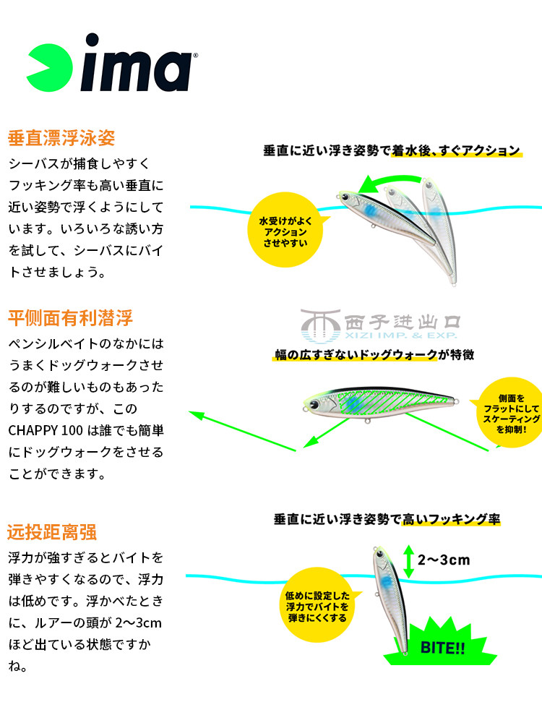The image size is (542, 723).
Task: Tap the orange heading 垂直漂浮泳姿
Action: pyautogui.click(x=61, y=137)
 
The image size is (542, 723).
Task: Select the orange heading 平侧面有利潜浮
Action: pyautogui.click(x=70, y=317)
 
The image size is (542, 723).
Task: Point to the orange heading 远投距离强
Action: pyautogui.click(x=52, y=533)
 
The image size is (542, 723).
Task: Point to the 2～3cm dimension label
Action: pyautogui.click(x=444, y=559)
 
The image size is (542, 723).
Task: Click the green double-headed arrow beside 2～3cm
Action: pyautogui.click(x=408, y=560)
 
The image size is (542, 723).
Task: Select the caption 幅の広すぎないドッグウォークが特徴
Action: pyautogui.click(x=374, y=355)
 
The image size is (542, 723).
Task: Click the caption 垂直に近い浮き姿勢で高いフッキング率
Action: pyautogui.click(x=387, y=519)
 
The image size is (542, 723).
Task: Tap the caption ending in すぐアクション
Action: pyautogui.click(x=391, y=150)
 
